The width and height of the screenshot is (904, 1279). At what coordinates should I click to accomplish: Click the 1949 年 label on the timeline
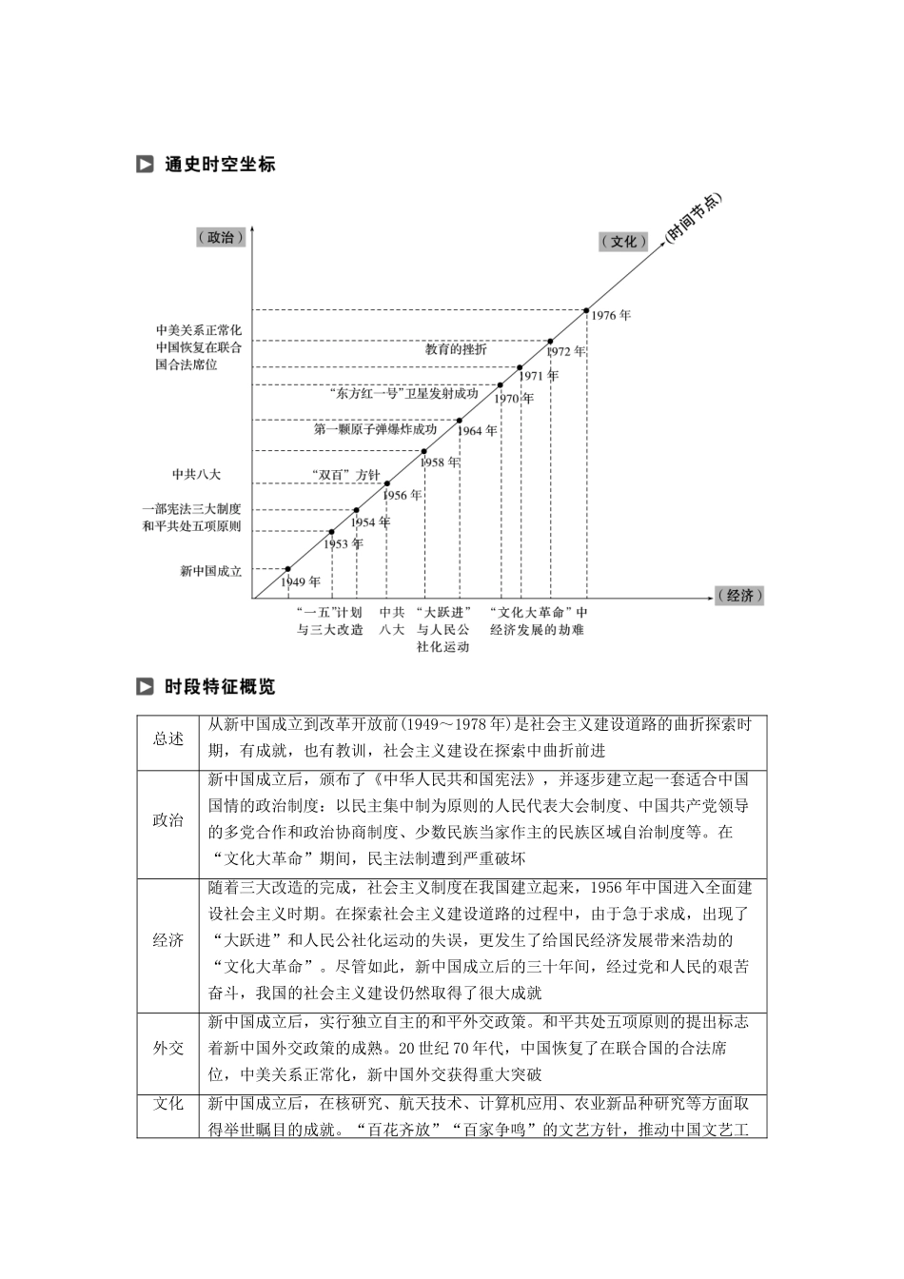[x=301, y=581]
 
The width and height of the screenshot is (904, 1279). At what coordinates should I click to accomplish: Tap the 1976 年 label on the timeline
[x=611, y=315]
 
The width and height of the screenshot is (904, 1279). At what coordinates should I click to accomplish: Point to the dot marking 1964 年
[x=460, y=420]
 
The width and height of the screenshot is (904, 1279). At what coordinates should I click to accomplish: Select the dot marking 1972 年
[x=550, y=341]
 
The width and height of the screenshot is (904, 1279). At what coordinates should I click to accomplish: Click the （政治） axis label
[x=220, y=238]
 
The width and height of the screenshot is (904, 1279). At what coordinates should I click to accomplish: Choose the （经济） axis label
[x=739, y=596]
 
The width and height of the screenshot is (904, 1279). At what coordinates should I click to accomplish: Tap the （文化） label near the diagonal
[x=624, y=242]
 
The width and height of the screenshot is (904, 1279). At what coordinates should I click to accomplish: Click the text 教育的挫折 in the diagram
[x=455, y=349]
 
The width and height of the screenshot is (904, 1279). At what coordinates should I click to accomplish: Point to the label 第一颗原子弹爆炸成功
[x=375, y=429]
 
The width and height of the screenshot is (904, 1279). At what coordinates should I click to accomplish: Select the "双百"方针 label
[x=345, y=475]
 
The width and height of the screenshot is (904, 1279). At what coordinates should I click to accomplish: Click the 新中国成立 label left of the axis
[x=210, y=572]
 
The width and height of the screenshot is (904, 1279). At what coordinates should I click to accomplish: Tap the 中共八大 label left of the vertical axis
[x=196, y=474]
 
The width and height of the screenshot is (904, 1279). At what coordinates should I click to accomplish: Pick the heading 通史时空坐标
[x=219, y=164]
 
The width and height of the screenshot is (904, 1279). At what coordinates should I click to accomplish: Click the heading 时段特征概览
[x=219, y=687]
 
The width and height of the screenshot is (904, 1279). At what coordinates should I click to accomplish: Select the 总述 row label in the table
[x=167, y=739]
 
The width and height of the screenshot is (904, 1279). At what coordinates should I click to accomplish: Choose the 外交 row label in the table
[x=167, y=1048]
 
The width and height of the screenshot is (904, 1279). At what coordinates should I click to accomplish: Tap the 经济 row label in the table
[x=167, y=940]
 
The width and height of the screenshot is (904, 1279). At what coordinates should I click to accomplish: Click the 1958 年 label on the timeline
[x=440, y=462]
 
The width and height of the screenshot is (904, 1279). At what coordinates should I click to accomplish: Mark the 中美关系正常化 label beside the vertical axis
[x=199, y=329]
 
